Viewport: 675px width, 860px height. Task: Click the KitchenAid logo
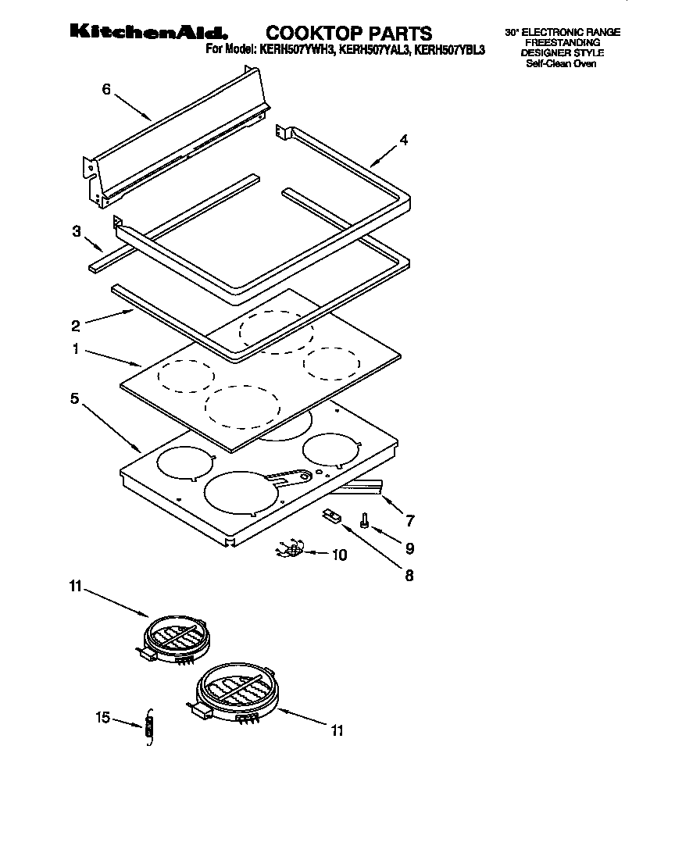[x=148, y=33]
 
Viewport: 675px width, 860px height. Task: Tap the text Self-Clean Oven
[x=561, y=63]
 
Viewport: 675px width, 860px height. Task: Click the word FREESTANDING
[x=562, y=43]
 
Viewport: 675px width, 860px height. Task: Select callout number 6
[x=106, y=89]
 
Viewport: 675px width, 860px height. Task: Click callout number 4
[x=403, y=141]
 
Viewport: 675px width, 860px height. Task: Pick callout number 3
[x=77, y=231]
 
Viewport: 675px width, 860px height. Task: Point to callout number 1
[x=77, y=349]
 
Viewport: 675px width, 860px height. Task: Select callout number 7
[x=409, y=520]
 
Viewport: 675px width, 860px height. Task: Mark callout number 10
[x=339, y=555]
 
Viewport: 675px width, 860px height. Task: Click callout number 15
[x=102, y=719]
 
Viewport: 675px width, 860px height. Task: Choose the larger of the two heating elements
[x=236, y=690]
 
